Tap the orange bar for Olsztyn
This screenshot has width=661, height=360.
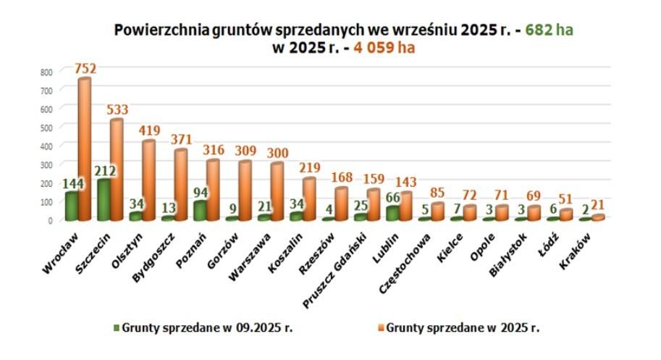[x=148, y=181]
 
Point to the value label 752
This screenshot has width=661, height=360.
[x=85, y=69]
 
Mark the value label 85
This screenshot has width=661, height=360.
[x=437, y=193]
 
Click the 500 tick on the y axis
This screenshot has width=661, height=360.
[x=47, y=127]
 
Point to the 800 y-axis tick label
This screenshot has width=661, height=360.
[x=47, y=72]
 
